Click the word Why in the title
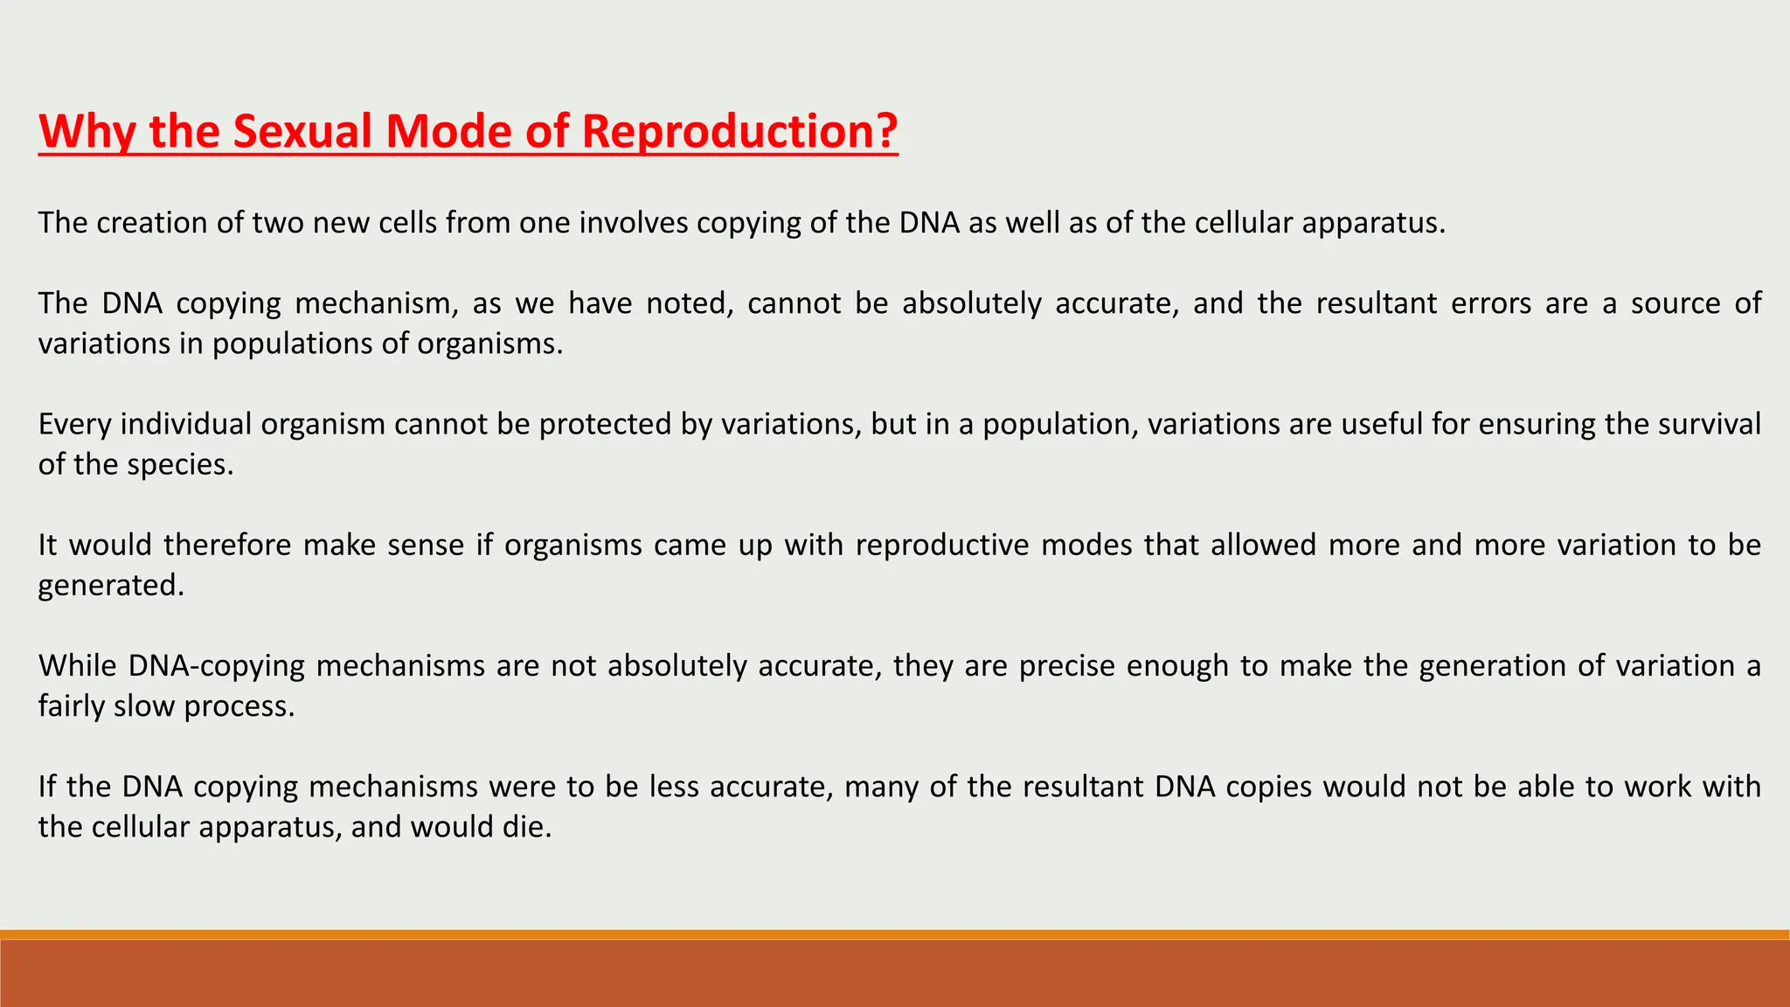(x=86, y=131)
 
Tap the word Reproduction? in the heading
(x=739, y=131)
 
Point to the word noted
(x=690, y=303)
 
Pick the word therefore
(x=226, y=545)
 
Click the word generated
(x=110, y=585)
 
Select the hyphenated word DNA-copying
(x=216, y=666)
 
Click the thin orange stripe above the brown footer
(x=895, y=934)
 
